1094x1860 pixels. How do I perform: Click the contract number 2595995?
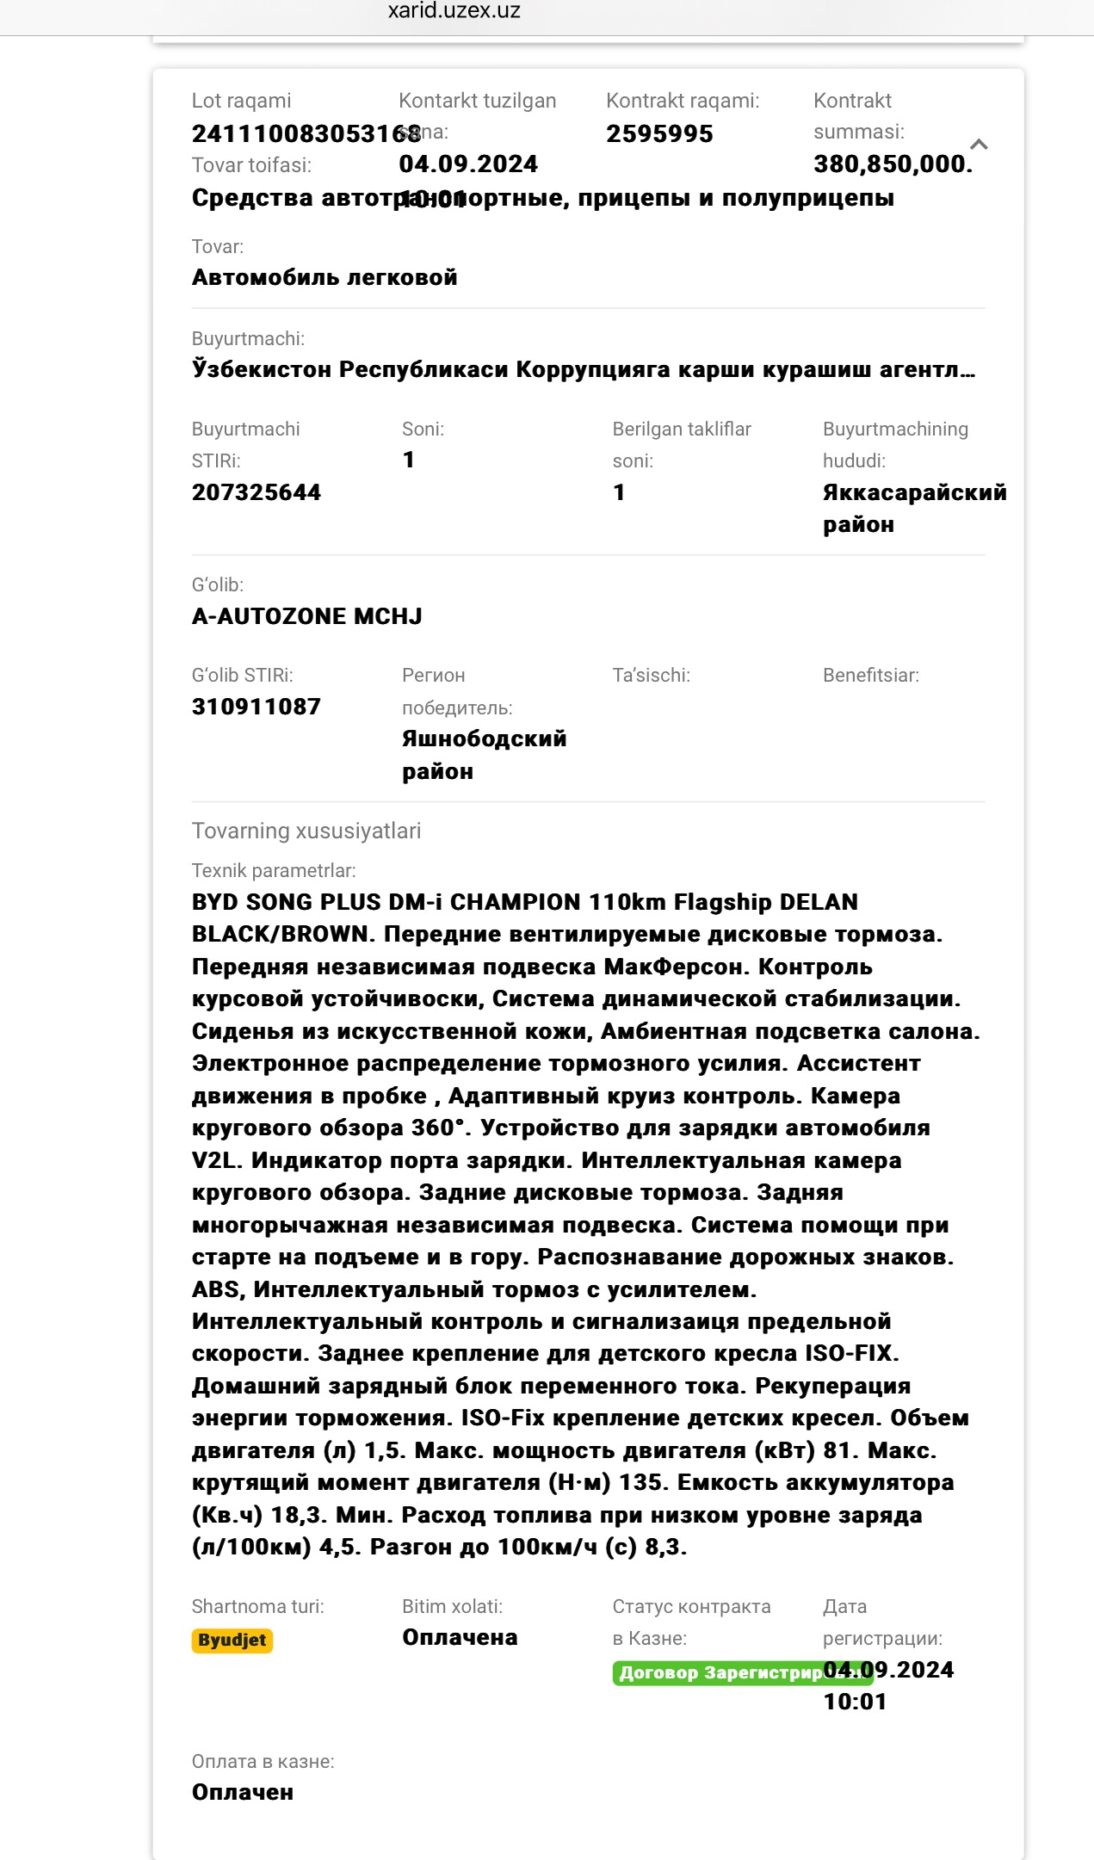659,134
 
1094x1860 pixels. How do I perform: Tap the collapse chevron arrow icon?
979,145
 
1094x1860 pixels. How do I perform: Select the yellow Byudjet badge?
232,1640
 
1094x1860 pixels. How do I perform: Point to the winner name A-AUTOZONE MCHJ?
307,616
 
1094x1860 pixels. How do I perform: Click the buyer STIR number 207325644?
257,492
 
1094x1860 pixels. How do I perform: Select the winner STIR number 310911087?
257,707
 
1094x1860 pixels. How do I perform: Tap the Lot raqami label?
241,101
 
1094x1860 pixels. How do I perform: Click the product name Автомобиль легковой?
324,277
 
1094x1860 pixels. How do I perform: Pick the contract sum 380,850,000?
893,164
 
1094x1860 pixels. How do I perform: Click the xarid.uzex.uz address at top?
454,11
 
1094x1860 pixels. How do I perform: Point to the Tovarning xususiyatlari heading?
306,831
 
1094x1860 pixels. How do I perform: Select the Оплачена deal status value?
460,1637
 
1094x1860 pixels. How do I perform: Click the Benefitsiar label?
870,675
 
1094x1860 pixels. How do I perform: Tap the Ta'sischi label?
651,675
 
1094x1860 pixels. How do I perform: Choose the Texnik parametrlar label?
274,870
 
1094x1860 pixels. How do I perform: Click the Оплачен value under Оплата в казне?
243,1792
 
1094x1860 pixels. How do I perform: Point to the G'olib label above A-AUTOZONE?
218,584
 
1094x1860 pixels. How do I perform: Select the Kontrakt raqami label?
683,101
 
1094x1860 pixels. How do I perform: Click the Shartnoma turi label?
257,1606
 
